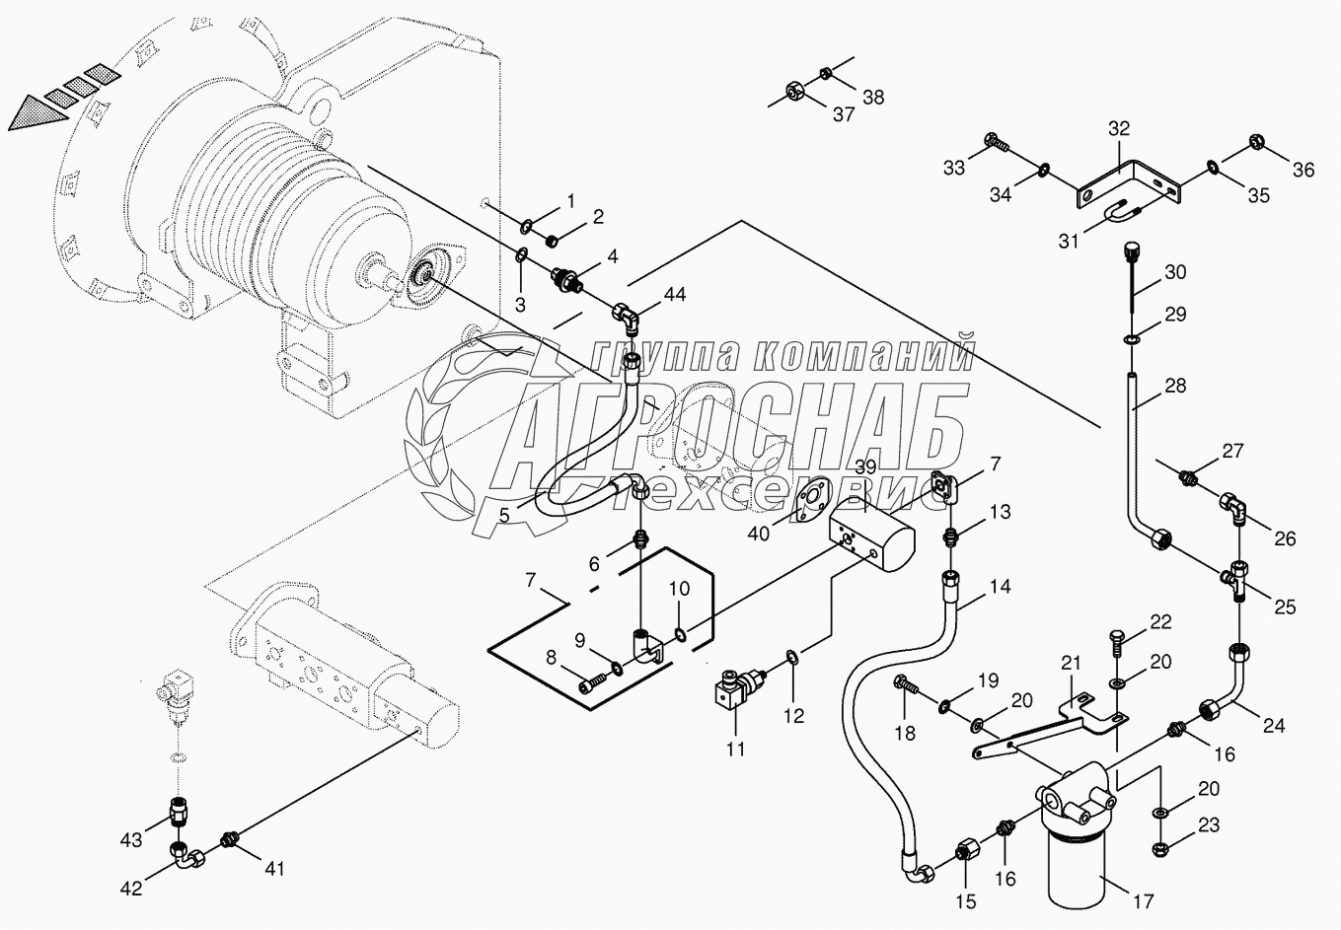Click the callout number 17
pos(1143,900)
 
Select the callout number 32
pos(1118,128)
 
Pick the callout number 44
pos(674,294)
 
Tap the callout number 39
pos(865,466)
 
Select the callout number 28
pos(1174,386)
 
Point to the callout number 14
pos(1000,586)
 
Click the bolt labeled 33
pos(997,145)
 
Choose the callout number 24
pos(1274,725)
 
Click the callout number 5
pos(503,514)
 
